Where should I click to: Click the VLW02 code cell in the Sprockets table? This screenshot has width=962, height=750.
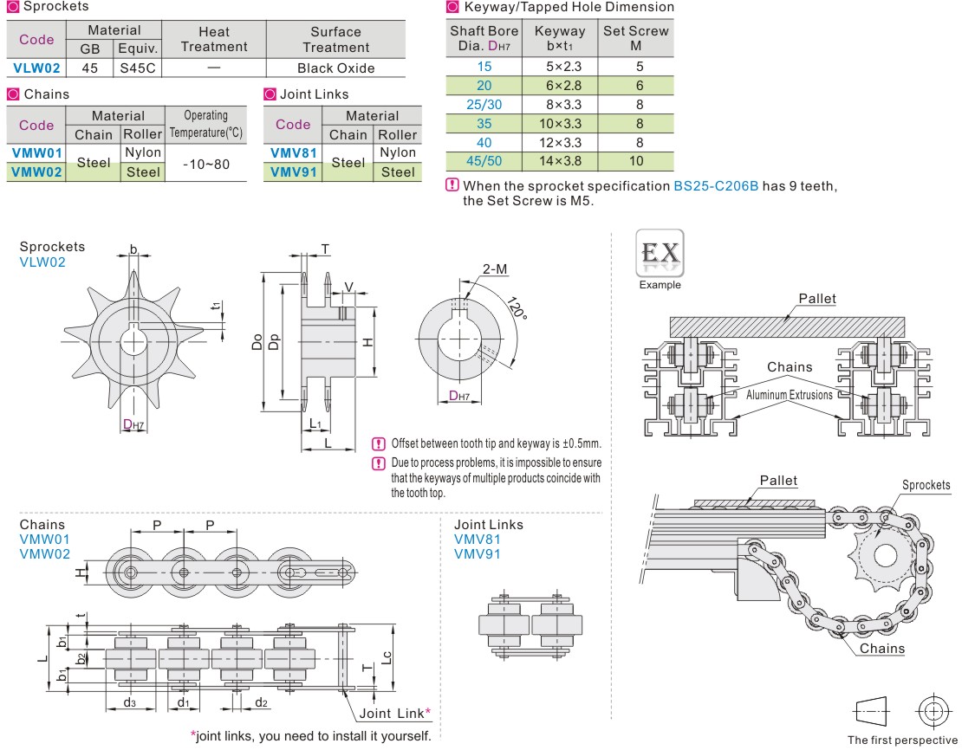(x=36, y=68)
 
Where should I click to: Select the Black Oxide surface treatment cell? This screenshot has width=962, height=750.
(x=335, y=68)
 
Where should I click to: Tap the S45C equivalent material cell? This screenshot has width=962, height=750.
(x=137, y=68)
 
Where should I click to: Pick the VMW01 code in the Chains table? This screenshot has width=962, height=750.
(x=36, y=152)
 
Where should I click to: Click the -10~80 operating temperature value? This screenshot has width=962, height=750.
(x=205, y=163)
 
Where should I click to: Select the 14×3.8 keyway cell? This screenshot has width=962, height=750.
(x=560, y=160)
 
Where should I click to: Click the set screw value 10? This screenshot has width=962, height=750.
(x=636, y=160)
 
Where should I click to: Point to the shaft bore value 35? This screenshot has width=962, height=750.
(x=484, y=123)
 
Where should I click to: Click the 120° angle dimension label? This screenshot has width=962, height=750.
(x=517, y=310)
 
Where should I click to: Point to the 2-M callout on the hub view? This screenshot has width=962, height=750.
(x=495, y=269)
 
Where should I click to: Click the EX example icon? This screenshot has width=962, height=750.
(x=660, y=253)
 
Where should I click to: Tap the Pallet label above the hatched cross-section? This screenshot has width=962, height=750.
(x=817, y=299)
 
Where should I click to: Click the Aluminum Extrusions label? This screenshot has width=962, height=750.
(x=789, y=395)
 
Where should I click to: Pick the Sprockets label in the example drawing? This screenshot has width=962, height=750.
(x=926, y=485)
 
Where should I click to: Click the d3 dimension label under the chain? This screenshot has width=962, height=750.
(x=129, y=702)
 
